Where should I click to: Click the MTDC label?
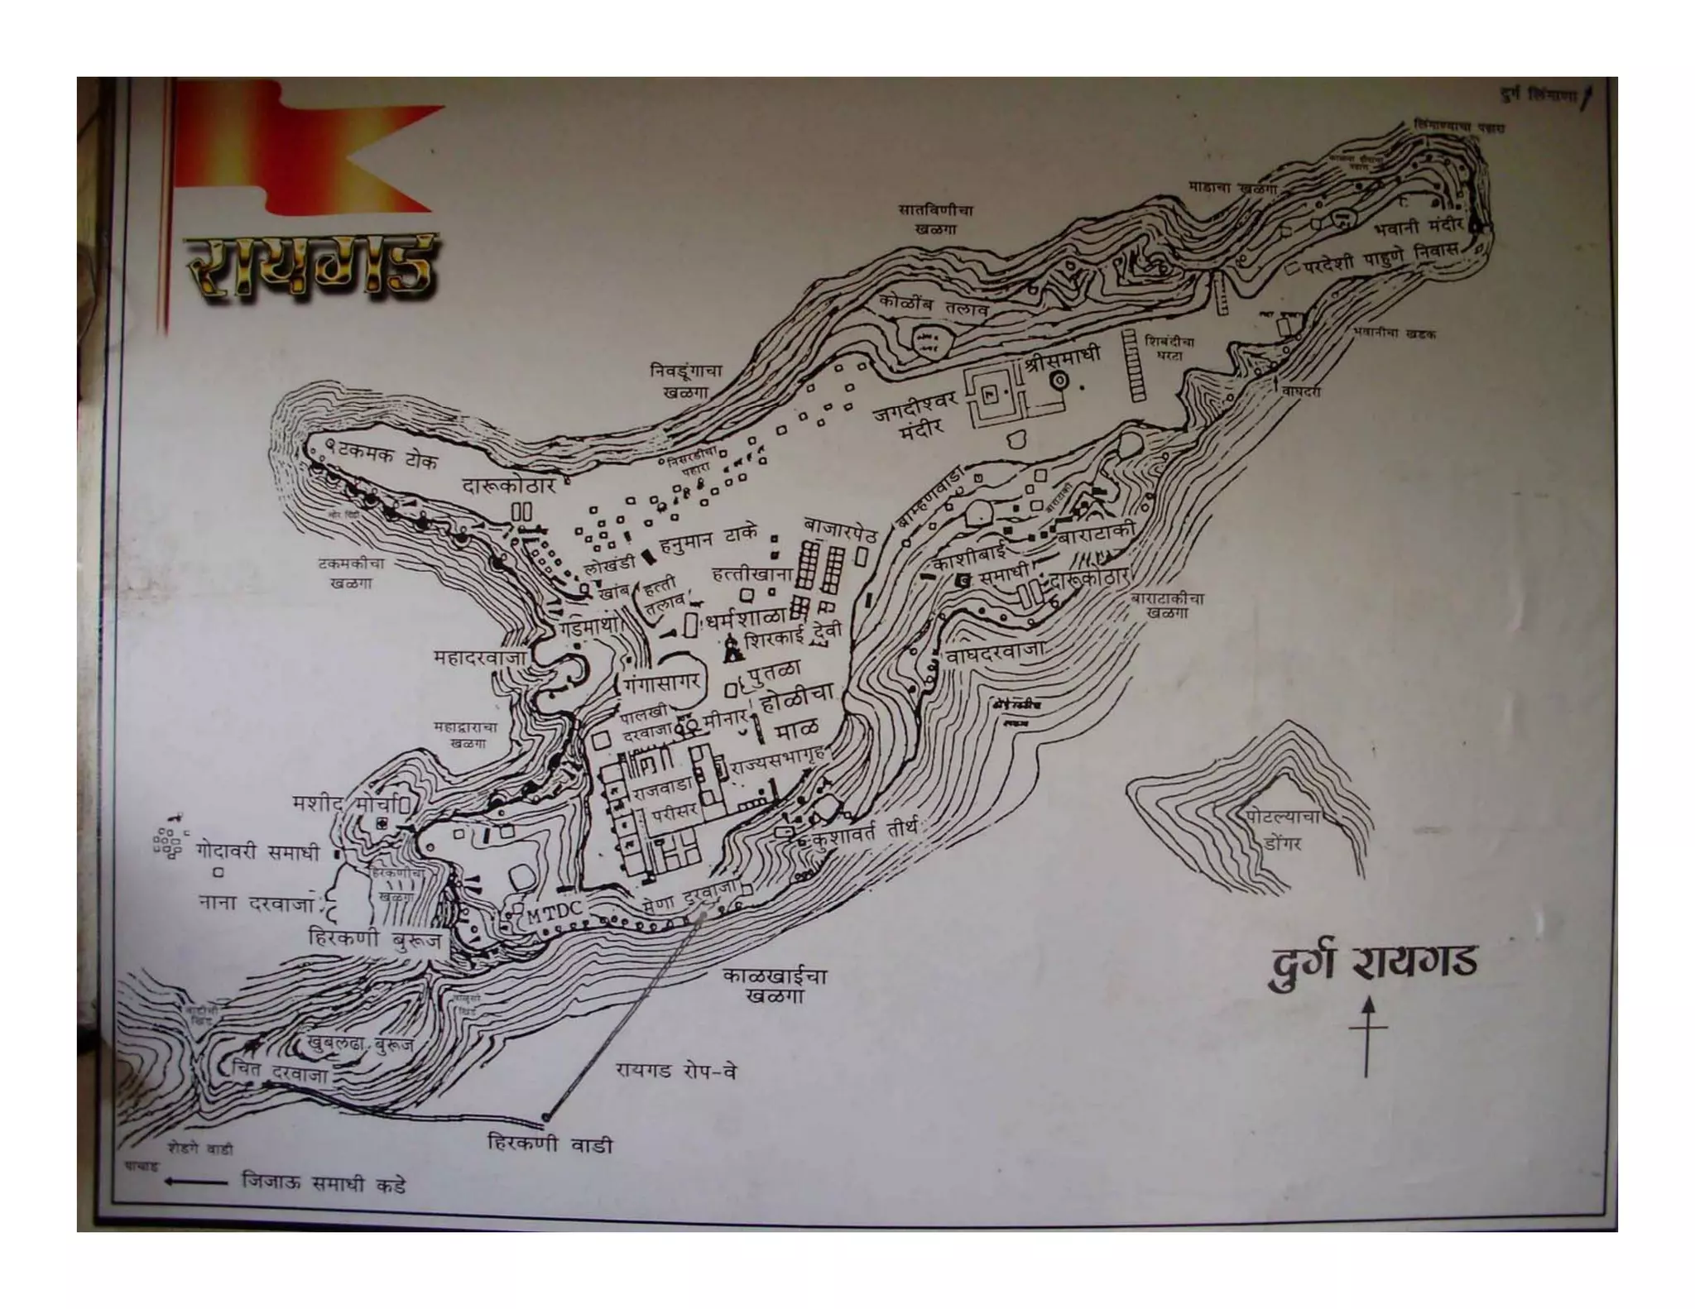[x=555, y=911]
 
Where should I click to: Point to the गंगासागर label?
[x=662, y=683]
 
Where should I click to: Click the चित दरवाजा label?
[x=281, y=1072]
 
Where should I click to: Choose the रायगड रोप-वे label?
[x=675, y=1072]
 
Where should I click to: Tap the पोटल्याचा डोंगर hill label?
[x=1281, y=829]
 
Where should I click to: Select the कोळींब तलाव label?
[x=934, y=309]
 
